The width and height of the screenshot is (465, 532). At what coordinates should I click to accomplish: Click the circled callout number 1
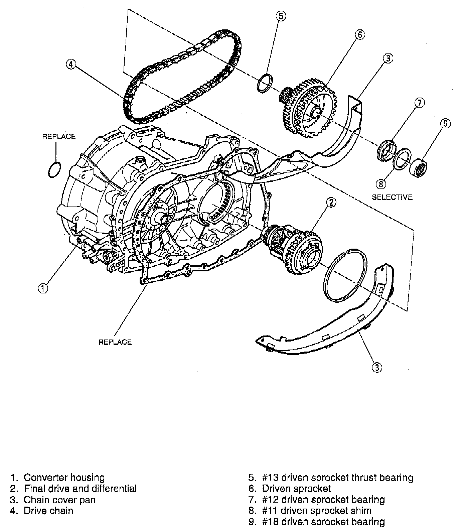pyautogui.click(x=43, y=288)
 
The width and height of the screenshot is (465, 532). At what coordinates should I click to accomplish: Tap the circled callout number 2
pyautogui.click(x=331, y=203)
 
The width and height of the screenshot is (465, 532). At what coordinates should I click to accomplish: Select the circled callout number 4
pyautogui.click(x=70, y=64)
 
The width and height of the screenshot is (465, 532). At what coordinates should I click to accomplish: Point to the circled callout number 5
pyautogui.click(x=281, y=16)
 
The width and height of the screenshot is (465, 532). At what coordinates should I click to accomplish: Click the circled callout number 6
pyautogui.click(x=360, y=34)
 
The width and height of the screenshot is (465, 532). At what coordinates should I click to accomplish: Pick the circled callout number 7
pyautogui.click(x=420, y=103)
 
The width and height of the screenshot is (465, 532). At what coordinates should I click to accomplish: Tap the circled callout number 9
pyautogui.click(x=445, y=124)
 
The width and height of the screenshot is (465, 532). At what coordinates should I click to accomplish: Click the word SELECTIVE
pyautogui.click(x=392, y=197)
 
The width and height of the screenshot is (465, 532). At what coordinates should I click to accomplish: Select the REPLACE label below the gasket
pyautogui.click(x=115, y=342)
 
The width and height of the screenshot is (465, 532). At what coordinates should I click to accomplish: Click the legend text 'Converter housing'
pyautogui.click(x=64, y=477)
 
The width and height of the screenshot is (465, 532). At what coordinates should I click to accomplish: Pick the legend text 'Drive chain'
pyautogui.click(x=48, y=511)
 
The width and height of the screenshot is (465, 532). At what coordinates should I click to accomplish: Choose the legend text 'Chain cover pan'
pyautogui.click(x=59, y=500)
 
